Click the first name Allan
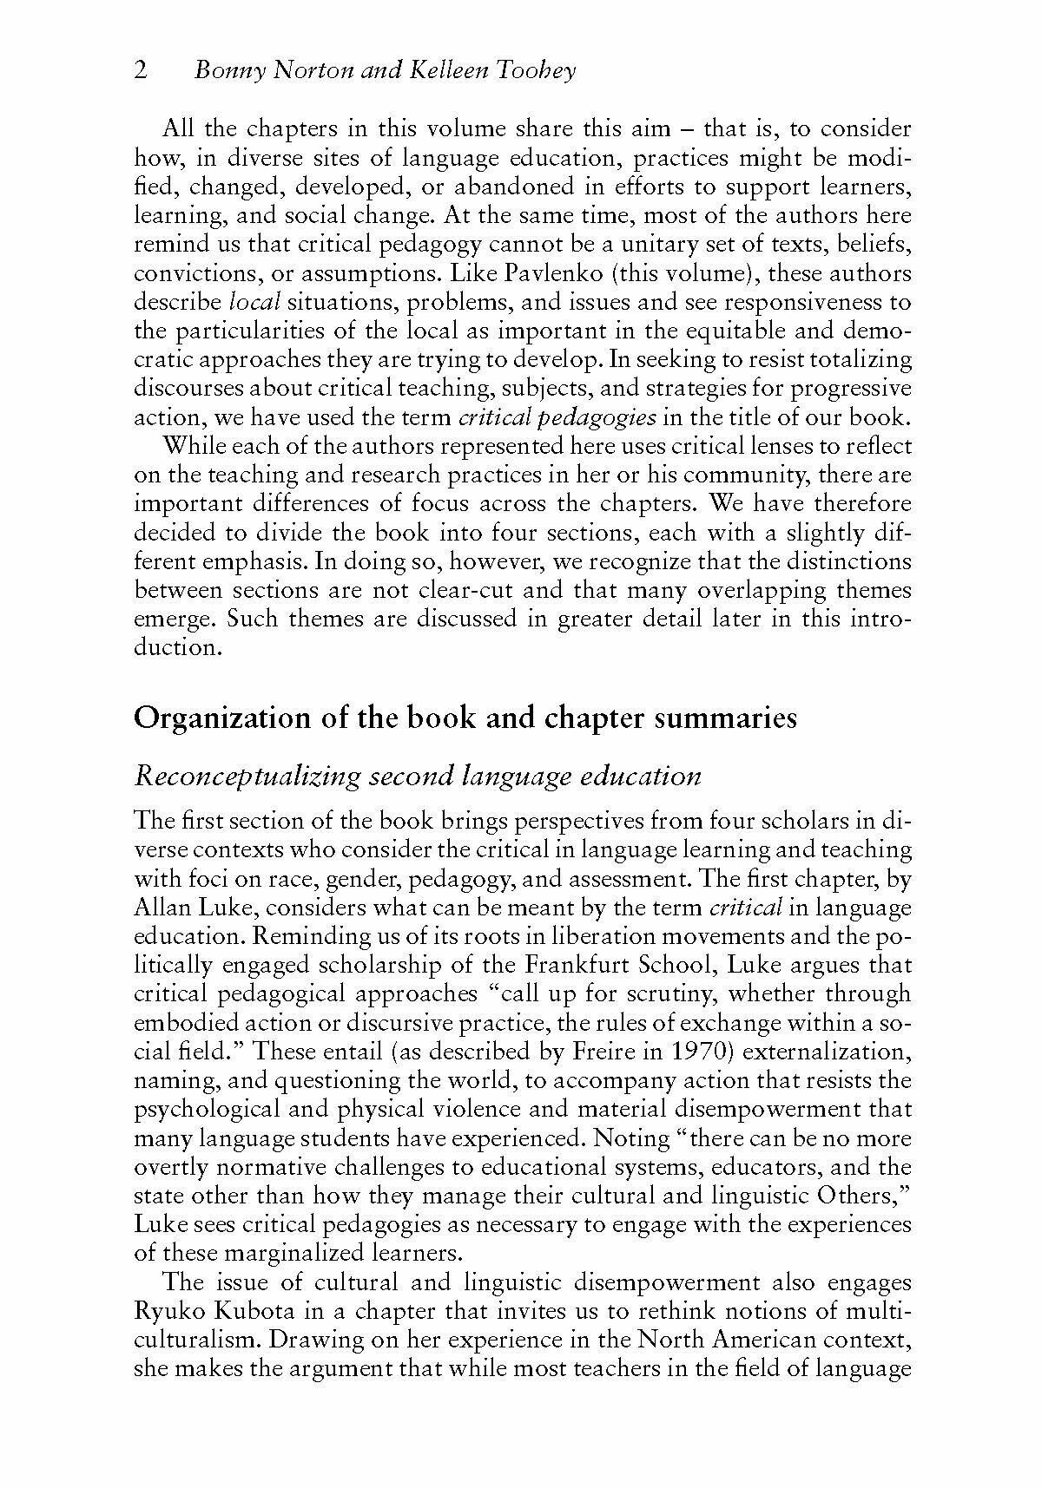[x=160, y=908]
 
